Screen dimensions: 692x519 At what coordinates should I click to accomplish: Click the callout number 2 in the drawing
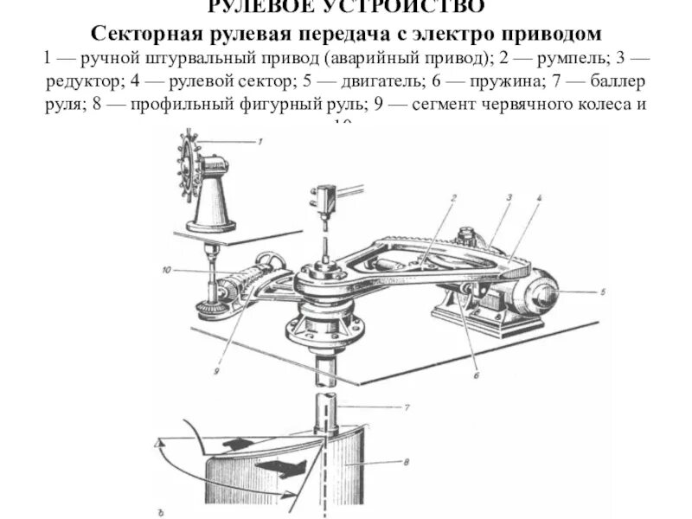[452, 198]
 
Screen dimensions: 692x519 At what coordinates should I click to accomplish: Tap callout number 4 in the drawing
[538, 198]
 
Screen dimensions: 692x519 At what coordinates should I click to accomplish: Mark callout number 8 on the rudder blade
[406, 463]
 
